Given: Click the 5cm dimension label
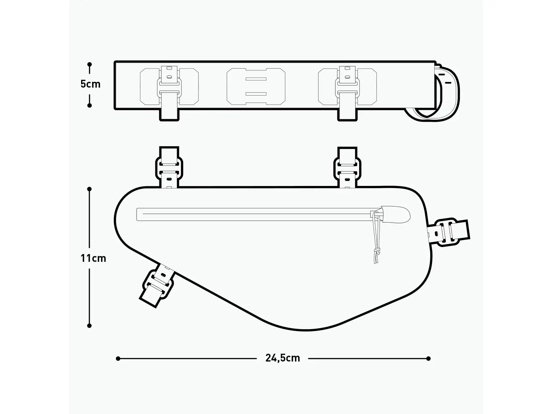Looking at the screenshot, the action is [90, 84].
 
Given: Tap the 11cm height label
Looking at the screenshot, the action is [93, 258].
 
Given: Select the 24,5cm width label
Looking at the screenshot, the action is [283, 358].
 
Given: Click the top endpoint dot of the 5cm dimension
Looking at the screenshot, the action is [89, 65].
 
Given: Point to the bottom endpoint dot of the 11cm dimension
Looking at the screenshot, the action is [89, 326].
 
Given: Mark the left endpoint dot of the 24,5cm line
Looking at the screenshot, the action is [118, 358].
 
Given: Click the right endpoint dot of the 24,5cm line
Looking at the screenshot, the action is [428, 358].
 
